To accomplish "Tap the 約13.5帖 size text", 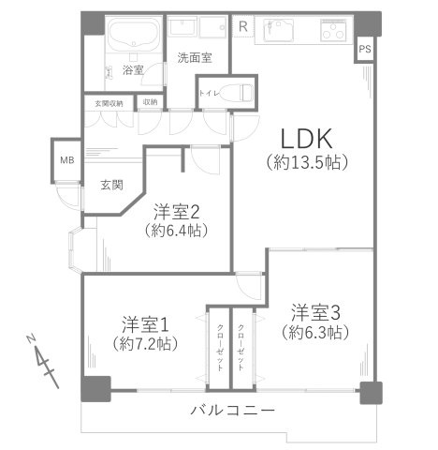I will (x=308, y=161).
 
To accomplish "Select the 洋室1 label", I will (x=144, y=324).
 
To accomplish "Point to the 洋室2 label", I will (x=176, y=211).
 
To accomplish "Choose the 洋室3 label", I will (x=314, y=311).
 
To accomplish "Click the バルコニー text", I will (x=232, y=411).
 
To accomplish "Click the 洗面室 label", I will (x=195, y=57).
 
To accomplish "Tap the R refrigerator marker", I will (x=243, y=25).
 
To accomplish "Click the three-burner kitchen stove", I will (x=332, y=34).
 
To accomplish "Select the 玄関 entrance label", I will (x=111, y=186).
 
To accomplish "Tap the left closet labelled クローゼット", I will (x=219, y=346).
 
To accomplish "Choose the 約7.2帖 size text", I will (x=144, y=343).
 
